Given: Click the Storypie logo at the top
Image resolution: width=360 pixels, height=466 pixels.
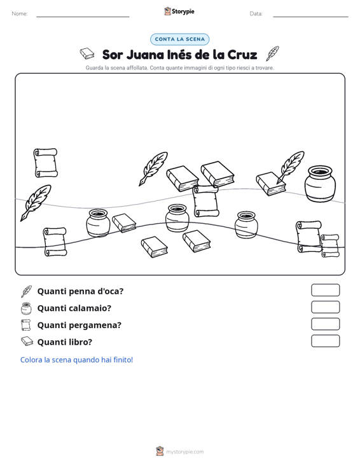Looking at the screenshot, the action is [x=179, y=11].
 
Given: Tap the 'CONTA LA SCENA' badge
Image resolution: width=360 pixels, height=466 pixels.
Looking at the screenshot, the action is [x=180, y=39].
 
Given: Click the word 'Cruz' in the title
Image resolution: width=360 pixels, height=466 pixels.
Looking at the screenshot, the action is [x=242, y=55].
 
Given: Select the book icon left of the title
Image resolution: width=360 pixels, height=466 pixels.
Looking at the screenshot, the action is [x=87, y=54].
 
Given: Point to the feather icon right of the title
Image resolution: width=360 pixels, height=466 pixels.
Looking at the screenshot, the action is [x=272, y=53].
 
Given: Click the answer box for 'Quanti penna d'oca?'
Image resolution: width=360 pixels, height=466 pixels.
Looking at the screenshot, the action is [x=325, y=290].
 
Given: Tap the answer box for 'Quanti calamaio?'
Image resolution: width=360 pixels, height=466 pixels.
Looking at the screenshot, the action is [x=325, y=307].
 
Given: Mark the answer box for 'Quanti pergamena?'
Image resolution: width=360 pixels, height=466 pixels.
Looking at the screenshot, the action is [x=325, y=324].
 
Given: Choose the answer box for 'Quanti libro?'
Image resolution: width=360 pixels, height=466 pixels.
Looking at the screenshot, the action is [x=325, y=341].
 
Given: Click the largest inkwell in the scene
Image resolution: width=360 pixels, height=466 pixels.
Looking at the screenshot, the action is [x=320, y=184].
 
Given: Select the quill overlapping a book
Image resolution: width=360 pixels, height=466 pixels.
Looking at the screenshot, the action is [x=290, y=167].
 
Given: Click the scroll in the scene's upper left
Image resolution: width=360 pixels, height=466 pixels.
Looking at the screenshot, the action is [x=46, y=163].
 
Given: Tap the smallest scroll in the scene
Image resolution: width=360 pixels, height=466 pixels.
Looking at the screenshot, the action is [x=329, y=246].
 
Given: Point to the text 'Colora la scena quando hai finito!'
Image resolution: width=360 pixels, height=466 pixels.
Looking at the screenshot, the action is [x=76, y=360].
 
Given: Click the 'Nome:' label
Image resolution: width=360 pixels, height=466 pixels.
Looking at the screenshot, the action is [x=20, y=14].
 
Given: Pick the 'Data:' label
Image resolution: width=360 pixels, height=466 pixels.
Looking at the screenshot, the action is [x=256, y=14].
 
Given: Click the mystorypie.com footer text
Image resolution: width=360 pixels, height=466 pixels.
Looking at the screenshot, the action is [x=185, y=452].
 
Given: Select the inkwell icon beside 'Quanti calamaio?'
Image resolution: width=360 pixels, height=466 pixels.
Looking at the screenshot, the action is [x=26, y=308].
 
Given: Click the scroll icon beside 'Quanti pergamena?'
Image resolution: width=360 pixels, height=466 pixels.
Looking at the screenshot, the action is [x=26, y=325].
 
